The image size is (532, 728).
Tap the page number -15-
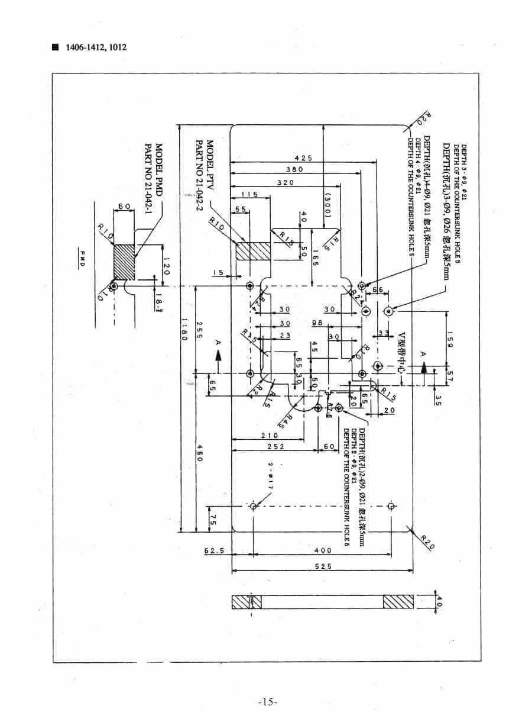point(268,702)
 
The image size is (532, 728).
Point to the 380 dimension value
point(294,169)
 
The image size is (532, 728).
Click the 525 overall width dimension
point(323,566)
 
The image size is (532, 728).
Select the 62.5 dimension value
point(215,550)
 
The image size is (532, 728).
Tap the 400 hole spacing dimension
point(322,550)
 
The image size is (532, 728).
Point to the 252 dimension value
point(275,447)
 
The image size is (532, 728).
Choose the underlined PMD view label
point(83,259)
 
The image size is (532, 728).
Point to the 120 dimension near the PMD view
point(166,265)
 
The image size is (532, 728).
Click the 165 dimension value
point(316,258)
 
